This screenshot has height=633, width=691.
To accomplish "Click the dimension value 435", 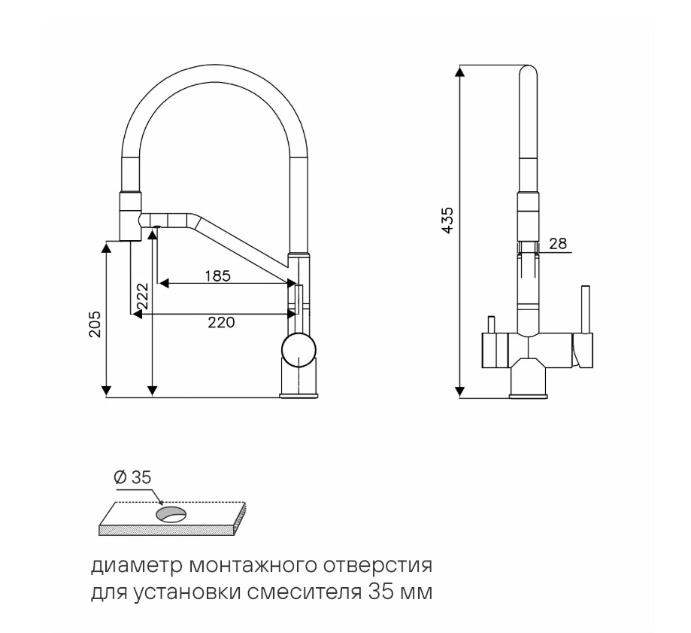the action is pos(447,220).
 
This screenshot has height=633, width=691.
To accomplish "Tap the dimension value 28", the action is pos(558,244).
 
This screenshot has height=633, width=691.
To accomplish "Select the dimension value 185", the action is pos(218,275).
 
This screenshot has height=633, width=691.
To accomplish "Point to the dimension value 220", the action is pos(221,322).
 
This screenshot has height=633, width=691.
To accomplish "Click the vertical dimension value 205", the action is pos(95,324).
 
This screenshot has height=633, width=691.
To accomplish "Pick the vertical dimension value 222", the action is pos(142,296).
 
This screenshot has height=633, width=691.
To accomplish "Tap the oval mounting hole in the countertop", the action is pos(171,514).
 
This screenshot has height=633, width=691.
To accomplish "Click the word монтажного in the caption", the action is pos(253,566).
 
